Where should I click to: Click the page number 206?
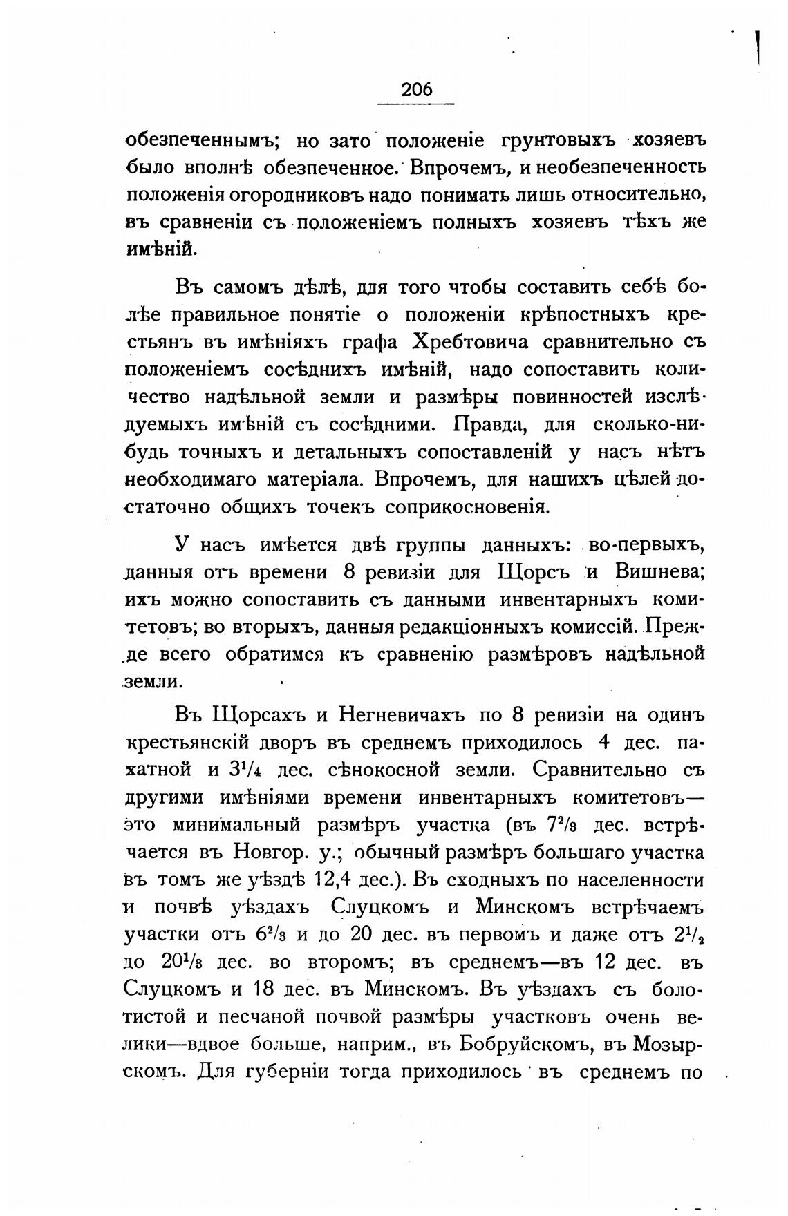click(x=416, y=89)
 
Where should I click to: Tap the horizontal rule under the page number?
click(x=416, y=104)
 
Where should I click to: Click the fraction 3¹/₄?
click(x=243, y=770)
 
